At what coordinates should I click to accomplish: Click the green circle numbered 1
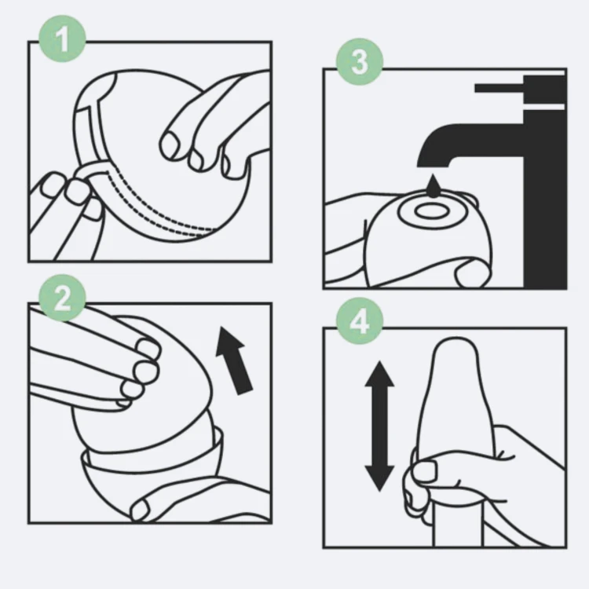click(x=62, y=38)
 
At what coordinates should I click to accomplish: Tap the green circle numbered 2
click(x=62, y=298)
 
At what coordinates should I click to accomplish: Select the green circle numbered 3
click(x=360, y=61)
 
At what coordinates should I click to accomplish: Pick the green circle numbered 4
click(x=360, y=321)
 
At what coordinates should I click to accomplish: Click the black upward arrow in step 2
click(x=234, y=360)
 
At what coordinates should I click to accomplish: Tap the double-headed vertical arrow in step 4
click(x=380, y=426)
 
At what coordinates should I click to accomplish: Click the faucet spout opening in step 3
click(x=433, y=164)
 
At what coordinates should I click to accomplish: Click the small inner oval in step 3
click(x=430, y=211)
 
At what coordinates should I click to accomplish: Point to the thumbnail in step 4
click(x=424, y=470)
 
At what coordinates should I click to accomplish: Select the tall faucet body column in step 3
click(x=545, y=199)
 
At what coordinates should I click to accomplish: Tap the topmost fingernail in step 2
click(x=148, y=349)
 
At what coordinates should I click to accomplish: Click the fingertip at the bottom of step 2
click(x=140, y=510)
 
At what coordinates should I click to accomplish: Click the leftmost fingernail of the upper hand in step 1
click(x=171, y=145)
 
